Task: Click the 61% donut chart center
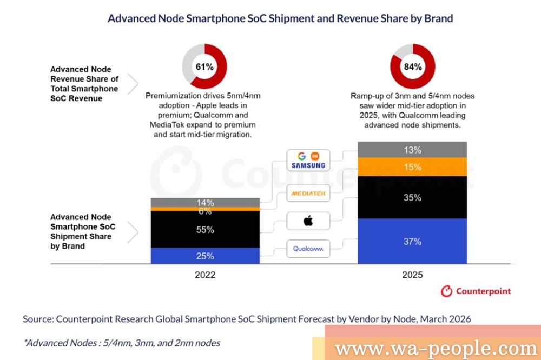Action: click(205, 67)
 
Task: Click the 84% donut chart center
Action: click(413, 67)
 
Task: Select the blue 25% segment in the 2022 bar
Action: click(205, 256)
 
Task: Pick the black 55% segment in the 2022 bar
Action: click(205, 229)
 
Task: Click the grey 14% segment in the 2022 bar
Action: click(205, 203)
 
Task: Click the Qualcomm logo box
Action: click(308, 249)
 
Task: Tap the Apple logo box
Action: click(308, 221)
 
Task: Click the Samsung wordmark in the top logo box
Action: click(308, 165)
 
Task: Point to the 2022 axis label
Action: click(205, 275)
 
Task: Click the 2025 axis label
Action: click(412, 275)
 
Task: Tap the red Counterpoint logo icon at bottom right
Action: click(446, 291)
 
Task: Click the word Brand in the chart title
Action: click(437, 18)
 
